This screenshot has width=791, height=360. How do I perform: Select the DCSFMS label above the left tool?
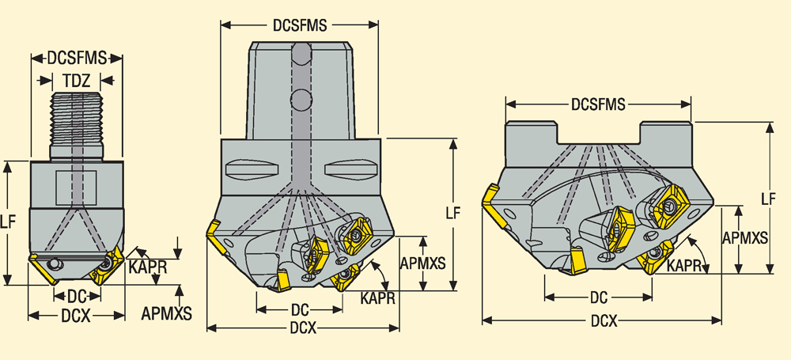(76, 58)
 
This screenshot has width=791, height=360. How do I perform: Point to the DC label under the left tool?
(76, 296)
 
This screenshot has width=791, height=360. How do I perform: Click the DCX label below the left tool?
(76, 315)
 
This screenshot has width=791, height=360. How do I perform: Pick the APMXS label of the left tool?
(167, 313)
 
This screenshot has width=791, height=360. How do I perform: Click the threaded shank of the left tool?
(78, 119)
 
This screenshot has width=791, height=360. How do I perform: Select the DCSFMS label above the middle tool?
(300, 25)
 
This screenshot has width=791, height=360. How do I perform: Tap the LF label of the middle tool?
(452, 212)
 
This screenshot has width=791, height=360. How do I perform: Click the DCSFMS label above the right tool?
(599, 104)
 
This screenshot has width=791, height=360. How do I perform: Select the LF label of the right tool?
(768, 199)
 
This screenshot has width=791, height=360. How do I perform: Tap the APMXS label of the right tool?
(745, 237)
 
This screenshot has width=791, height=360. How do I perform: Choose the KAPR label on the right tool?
(685, 267)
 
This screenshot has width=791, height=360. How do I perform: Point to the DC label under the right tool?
(599, 297)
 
